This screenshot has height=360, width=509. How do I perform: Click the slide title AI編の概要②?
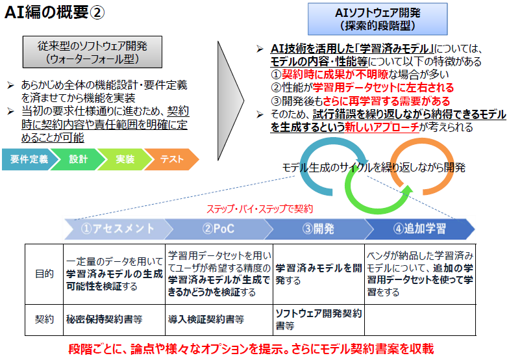click(x=52, y=14)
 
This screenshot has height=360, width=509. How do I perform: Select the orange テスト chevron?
click(x=171, y=159)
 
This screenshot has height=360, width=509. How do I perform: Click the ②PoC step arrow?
click(x=218, y=229)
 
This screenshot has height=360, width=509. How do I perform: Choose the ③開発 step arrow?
click(x=317, y=229)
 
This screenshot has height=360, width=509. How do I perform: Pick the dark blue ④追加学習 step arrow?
click(x=419, y=229)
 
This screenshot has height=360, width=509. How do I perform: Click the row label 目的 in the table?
click(x=44, y=274)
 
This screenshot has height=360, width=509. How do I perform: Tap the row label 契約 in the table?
click(x=44, y=319)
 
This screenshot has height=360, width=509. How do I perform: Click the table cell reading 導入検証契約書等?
click(x=206, y=319)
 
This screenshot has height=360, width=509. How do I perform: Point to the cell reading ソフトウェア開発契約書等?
click(x=318, y=319)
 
